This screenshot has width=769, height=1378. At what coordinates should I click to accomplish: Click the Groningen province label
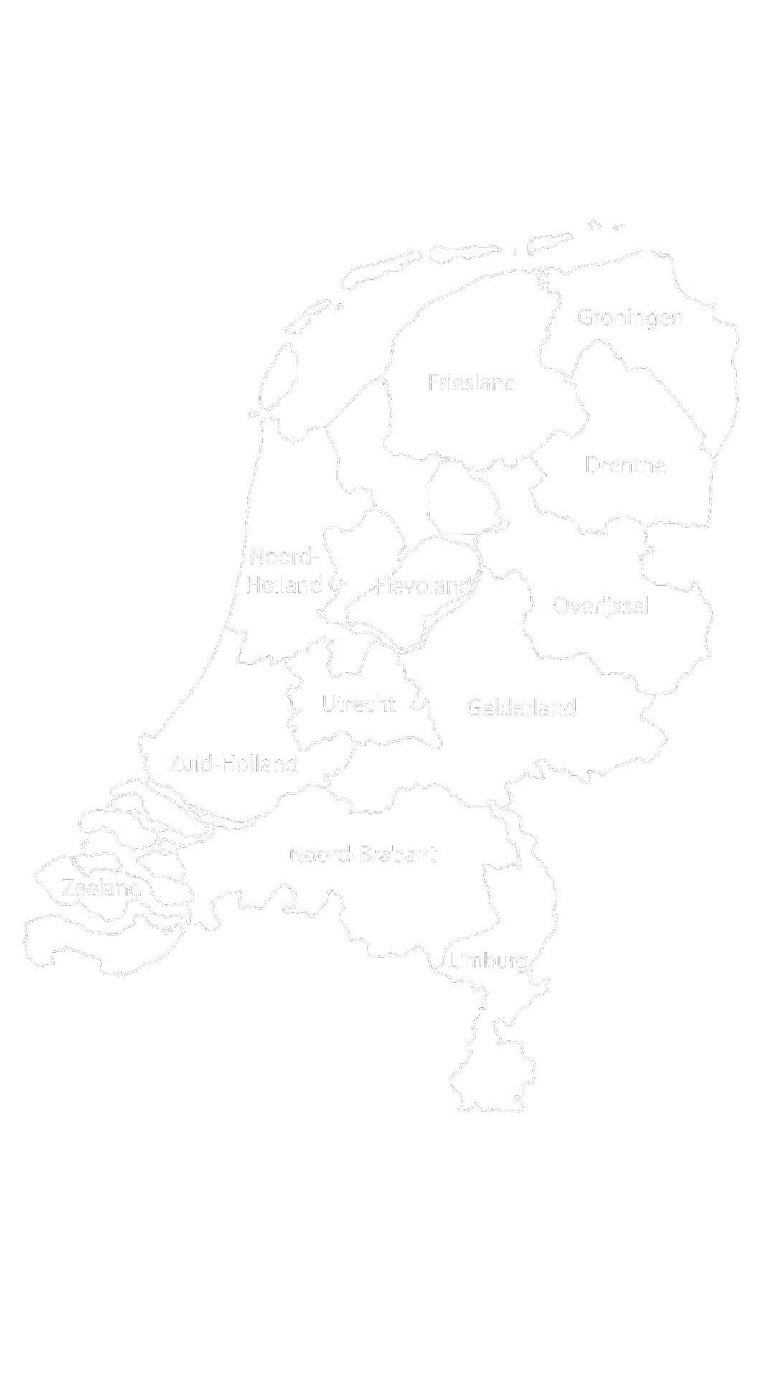coord(629,317)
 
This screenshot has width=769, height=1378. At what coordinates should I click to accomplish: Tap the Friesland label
coord(471,384)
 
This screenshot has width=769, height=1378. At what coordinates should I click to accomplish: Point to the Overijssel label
coord(600,605)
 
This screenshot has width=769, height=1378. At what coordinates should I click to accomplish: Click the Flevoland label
coord(422,586)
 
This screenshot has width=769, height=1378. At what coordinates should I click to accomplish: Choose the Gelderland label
coord(522,708)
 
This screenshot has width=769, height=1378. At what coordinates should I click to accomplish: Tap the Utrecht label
coord(358,706)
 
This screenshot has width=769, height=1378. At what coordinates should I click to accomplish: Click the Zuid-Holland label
coord(232,764)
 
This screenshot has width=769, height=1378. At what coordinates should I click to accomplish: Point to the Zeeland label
coord(101,890)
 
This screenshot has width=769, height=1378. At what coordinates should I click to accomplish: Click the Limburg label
coord(489,961)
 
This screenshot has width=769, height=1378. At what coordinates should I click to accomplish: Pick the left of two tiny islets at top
coord(593,225)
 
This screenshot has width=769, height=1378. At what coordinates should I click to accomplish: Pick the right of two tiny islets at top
coord(617,226)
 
